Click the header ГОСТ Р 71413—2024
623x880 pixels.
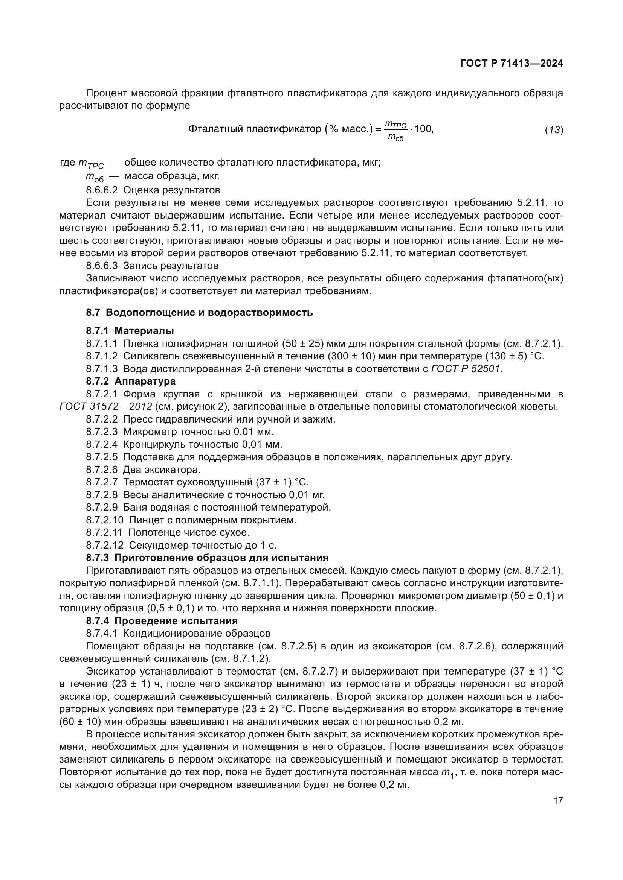(x=512, y=64)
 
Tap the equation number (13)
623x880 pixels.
(x=554, y=130)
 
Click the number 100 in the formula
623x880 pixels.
(x=423, y=129)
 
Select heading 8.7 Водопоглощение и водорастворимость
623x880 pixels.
(x=199, y=312)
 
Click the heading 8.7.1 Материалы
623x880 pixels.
(x=130, y=330)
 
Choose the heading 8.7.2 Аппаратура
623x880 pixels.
(x=131, y=381)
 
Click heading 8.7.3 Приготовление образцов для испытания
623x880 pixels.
(x=207, y=557)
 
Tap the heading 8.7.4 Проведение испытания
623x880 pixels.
(x=162, y=620)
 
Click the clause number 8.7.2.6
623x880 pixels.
(x=102, y=469)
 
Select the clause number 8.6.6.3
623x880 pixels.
(x=102, y=266)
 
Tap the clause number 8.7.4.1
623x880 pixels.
(x=102, y=633)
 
